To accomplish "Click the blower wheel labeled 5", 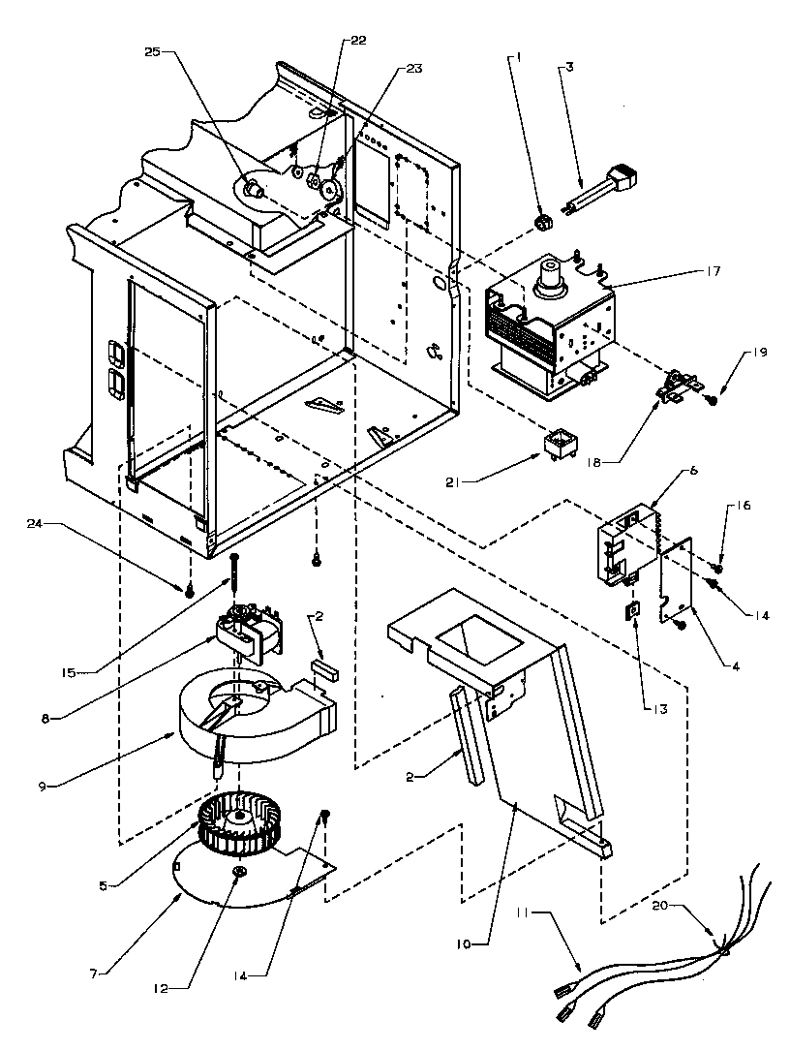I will (x=232, y=828).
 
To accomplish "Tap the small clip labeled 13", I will (x=633, y=611).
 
